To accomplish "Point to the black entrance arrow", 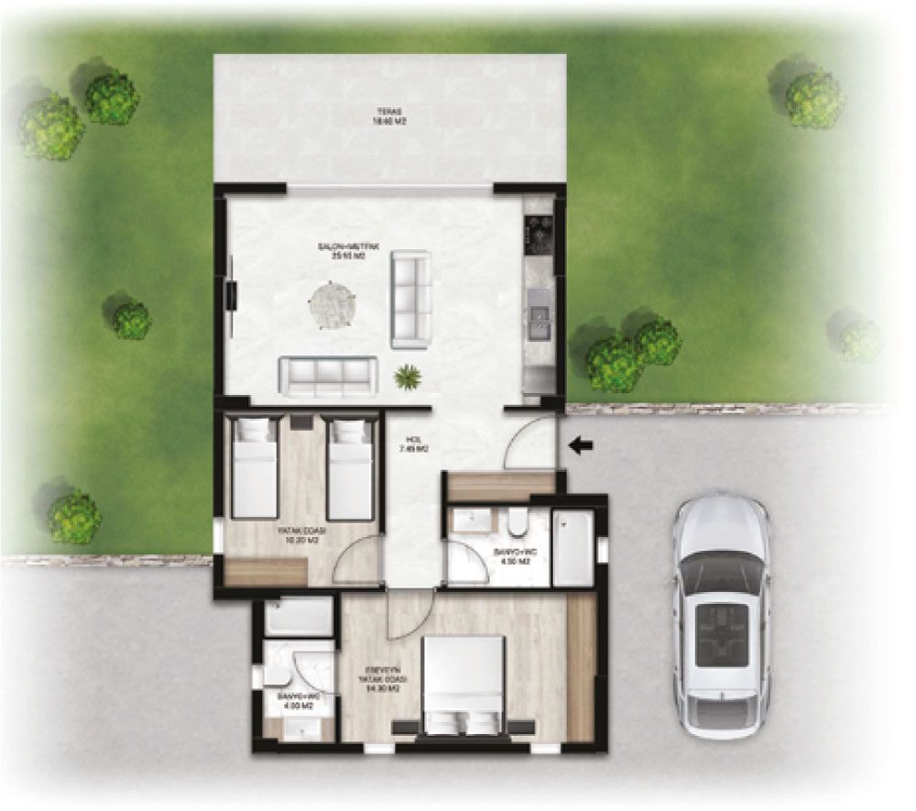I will coord(581,446).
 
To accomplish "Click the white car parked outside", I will coord(721,615).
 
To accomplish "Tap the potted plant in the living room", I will coord(406,376).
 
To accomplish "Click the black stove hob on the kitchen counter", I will coord(538,235).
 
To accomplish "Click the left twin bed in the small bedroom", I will coord(254,467).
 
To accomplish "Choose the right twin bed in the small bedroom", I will coord(350,467).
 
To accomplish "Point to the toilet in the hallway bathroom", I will coord(518,522).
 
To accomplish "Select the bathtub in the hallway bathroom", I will coord(573,547).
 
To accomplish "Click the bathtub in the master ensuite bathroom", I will coord(299,617).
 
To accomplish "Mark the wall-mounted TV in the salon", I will coord(232,295).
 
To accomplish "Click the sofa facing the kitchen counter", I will coord(411,301).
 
